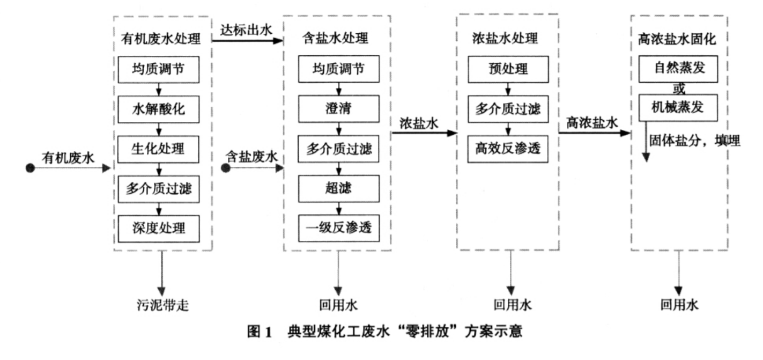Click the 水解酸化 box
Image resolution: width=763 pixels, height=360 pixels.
(x=158, y=108)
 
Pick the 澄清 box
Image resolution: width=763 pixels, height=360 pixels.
(x=338, y=109)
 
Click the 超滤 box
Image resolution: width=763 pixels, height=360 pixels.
(x=338, y=188)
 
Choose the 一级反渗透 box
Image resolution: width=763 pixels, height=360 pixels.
(x=338, y=227)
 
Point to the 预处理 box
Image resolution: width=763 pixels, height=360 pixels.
(x=509, y=70)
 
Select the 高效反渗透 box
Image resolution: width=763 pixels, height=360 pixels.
(x=509, y=149)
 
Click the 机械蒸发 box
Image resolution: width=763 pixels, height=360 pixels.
(x=678, y=107)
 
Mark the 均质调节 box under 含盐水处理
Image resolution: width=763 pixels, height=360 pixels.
(x=338, y=70)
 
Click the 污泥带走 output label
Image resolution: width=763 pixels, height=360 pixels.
(x=161, y=306)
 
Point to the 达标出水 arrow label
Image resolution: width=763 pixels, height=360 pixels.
(x=247, y=31)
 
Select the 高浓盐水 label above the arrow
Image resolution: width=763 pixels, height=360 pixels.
(x=591, y=122)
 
